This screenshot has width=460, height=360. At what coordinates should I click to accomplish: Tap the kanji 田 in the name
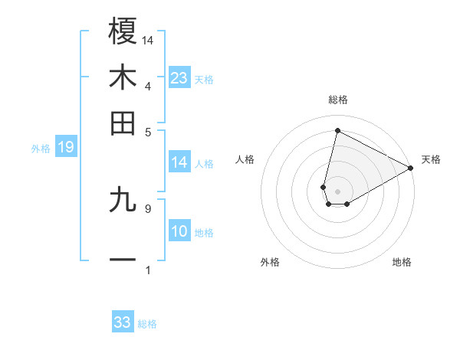tap(123, 123)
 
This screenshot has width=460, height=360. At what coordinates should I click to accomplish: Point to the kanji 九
tap(123, 200)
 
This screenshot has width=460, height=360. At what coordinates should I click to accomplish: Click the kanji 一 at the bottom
tap(123, 261)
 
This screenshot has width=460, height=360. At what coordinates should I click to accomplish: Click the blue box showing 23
tap(179, 77)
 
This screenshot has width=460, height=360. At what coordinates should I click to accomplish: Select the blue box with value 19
tap(66, 147)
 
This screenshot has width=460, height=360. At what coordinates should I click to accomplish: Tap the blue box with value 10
tap(179, 232)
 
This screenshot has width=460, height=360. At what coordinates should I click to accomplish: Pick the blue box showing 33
tap(123, 322)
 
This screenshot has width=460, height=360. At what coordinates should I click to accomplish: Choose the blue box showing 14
tap(179, 162)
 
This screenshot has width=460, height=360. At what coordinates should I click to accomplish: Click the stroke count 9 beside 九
tap(147, 208)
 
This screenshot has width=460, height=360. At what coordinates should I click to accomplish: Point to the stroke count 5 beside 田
tap(147, 131)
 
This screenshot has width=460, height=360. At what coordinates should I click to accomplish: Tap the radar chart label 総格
tap(338, 100)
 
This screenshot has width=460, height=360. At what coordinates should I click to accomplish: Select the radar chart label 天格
tap(431, 159)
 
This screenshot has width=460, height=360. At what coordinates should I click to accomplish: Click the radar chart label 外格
tap(270, 262)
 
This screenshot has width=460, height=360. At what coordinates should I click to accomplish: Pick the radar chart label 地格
tap(402, 262)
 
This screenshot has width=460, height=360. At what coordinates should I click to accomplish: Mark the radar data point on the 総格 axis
tap(337, 130)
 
